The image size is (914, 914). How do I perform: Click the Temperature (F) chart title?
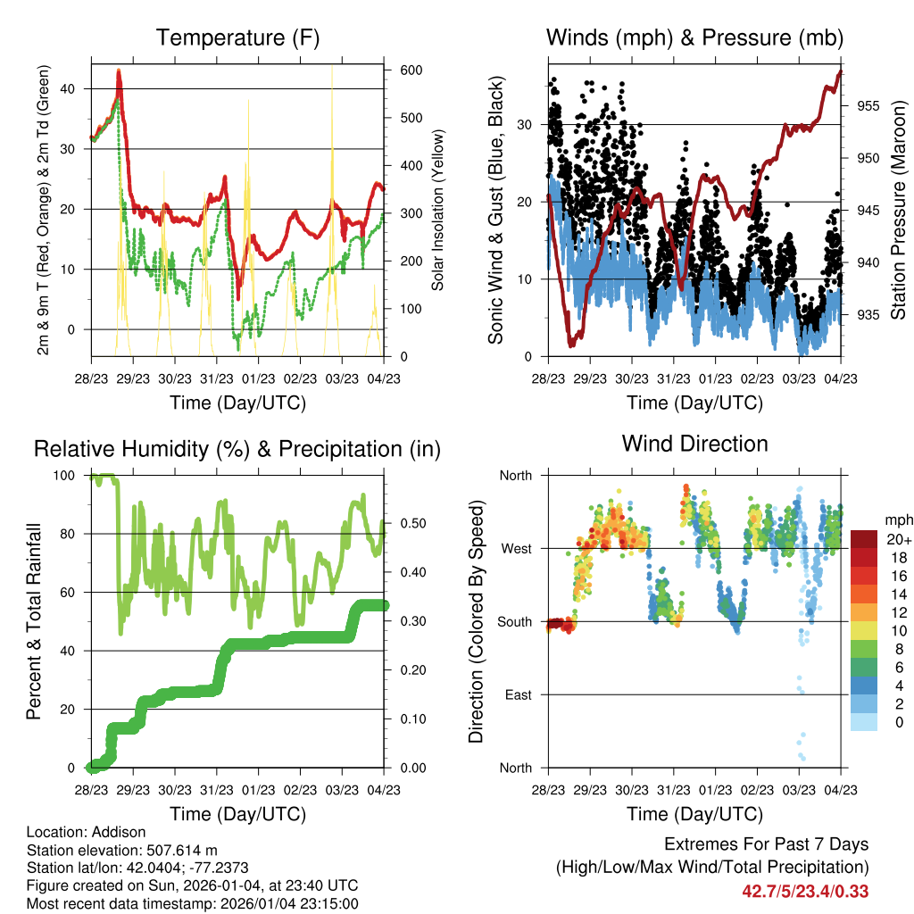click(237, 37)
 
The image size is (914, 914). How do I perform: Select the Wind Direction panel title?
click(694, 444)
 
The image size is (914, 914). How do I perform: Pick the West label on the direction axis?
click(516, 548)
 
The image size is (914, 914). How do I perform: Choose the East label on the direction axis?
click(518, 694)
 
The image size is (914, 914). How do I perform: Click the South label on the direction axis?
click(515, 621)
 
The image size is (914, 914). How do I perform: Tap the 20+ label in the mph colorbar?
click(899, 540)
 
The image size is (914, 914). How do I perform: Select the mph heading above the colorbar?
click(898, 519)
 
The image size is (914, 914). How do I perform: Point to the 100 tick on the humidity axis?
click(73, 476)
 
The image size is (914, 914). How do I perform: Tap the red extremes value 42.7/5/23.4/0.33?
click(805, 891)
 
